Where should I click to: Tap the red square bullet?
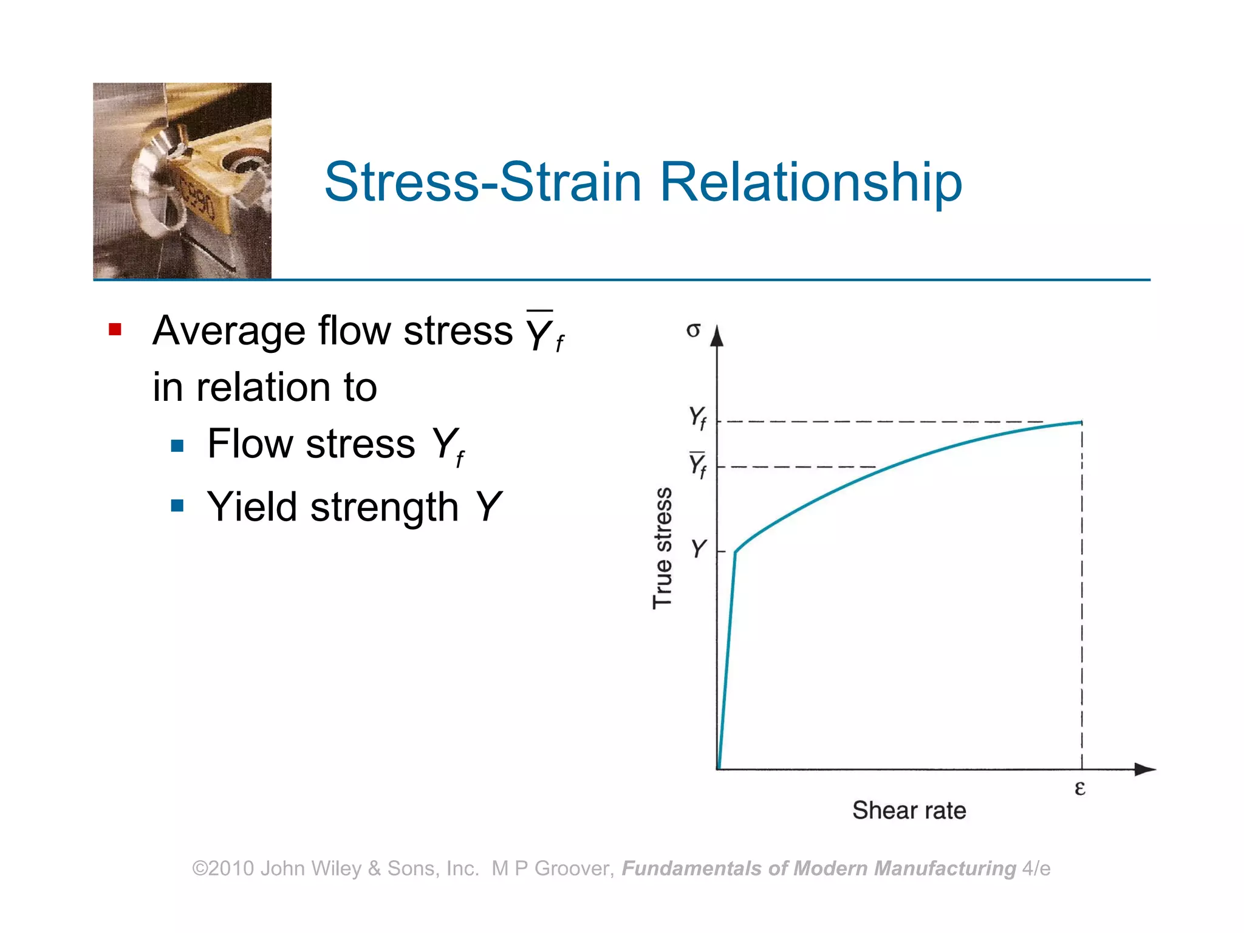click(115, 330)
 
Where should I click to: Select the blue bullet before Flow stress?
click(177, 446)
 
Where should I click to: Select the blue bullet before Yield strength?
click(177, 505)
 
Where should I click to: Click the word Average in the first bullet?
click(229, 331)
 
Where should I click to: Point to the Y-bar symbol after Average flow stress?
click(544, 331)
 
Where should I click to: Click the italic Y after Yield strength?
click(488, 507)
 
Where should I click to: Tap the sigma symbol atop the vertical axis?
click(693, 330)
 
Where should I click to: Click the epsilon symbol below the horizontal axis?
click(1079, 788)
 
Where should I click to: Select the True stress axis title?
click(663, 548)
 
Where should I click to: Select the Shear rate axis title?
click(909, 811)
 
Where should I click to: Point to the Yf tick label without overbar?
click(697, 418)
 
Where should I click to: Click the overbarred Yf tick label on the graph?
click(697, 465)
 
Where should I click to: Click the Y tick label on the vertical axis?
click(699, 549)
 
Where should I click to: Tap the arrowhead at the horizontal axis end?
click(1146, 770)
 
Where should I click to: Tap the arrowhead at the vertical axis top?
click(717, 335)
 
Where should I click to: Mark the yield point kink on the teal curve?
click(736, 552)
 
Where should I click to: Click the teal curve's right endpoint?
click(1081, 422)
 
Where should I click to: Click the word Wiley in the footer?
click(338, 869)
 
